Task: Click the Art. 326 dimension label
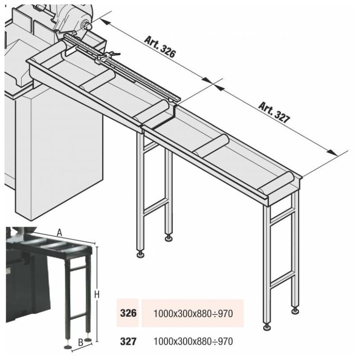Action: pos(160,46)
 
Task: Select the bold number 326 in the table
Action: pos(128,313)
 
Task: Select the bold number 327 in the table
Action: pos(128,341)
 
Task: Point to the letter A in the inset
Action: pos(60,232)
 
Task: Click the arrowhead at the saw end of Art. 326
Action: pos(98,19)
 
